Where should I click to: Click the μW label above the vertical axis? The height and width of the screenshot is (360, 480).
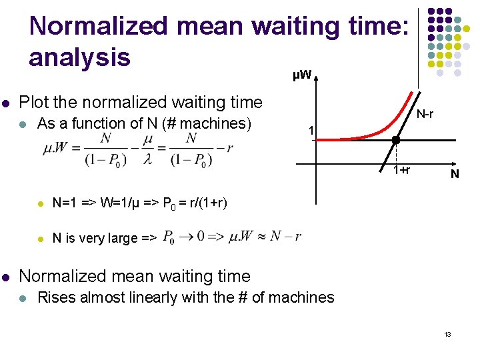[302, 74]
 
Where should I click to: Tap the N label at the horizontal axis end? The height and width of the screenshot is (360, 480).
[454, 175]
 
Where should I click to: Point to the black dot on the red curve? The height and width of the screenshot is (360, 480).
[395, 141]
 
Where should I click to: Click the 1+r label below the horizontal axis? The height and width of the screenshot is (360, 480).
[401, 170]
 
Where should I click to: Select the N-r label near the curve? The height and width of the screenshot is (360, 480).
[425, 115]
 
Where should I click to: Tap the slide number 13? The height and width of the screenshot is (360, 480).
[448, 333]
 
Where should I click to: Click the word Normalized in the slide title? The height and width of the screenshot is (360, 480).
[95, 27]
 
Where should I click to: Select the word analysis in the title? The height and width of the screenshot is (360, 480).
[79, 57]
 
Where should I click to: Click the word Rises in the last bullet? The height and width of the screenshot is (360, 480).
[56, 297]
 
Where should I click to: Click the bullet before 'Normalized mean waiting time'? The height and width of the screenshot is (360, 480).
[6, 277]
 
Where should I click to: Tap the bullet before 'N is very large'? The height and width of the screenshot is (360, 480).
[41, 238]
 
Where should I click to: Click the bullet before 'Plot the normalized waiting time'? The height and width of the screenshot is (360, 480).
[6, 103]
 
